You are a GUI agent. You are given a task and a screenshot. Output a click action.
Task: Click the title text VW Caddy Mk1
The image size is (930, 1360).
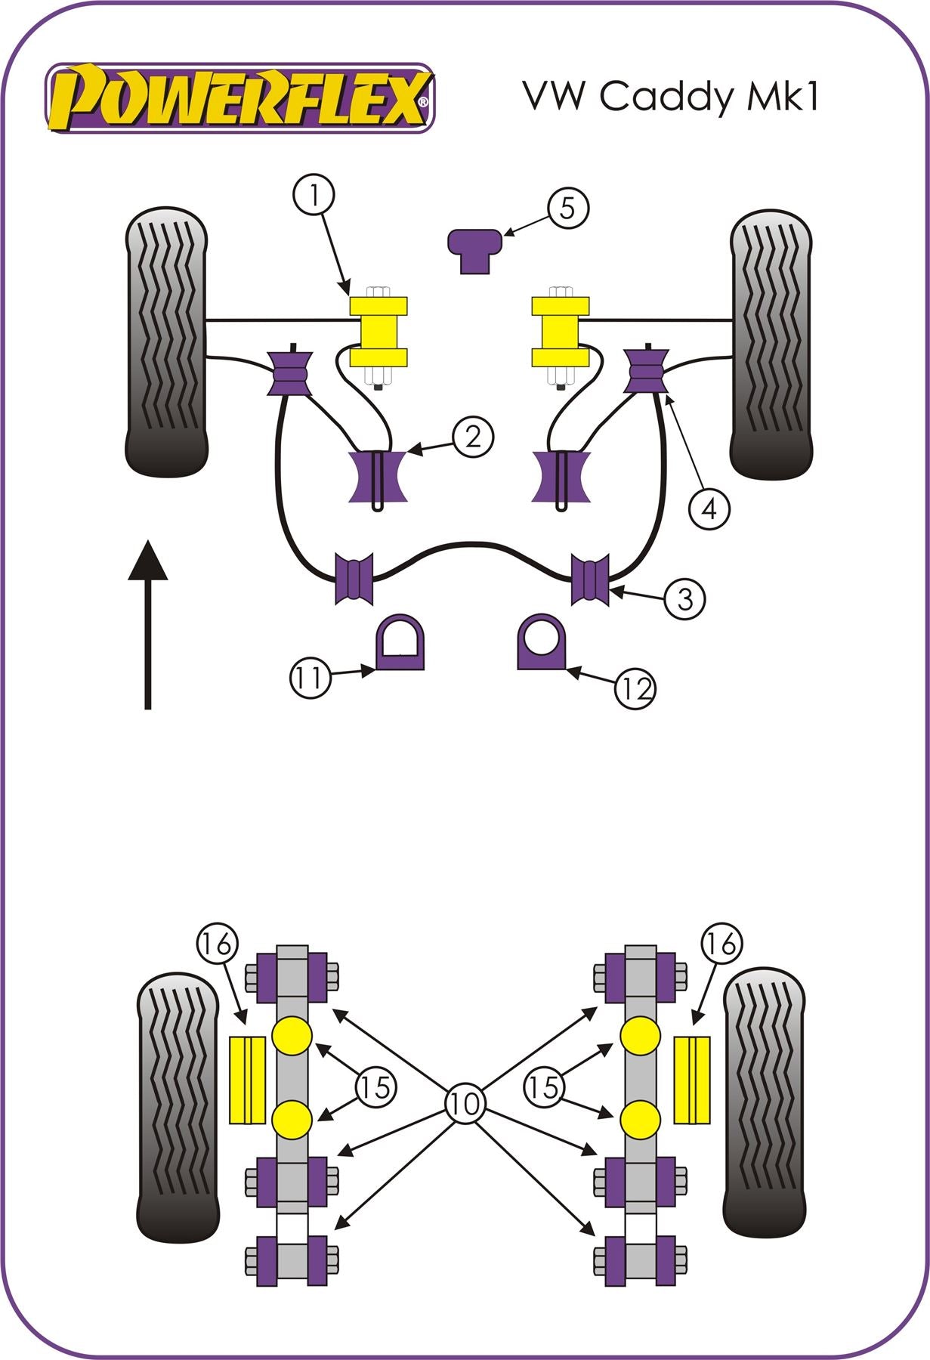click(x=670, y=96)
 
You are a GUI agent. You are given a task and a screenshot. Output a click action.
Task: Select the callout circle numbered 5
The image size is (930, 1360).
click(x=567, y=208)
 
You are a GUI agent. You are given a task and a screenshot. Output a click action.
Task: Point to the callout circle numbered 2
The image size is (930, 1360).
click(x=473, y=437)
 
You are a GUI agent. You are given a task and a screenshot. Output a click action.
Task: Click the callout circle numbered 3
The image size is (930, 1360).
click(x=684, y=599)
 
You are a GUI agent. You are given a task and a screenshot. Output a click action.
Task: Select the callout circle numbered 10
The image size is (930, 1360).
click(x=465, y=1104)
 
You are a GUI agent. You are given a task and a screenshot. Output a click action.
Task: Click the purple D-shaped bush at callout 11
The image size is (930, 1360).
click(x=400, y=643)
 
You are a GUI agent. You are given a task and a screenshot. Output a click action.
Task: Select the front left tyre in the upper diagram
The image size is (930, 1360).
click(x=166, y=342)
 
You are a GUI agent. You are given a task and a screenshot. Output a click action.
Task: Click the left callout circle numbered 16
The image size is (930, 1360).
click(x=217, y=944)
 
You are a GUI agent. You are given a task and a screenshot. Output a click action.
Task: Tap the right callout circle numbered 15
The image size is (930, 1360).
click(x=544, y=1087)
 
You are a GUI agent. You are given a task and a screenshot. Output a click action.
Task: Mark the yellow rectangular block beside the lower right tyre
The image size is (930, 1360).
click(x=693, y=1080)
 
